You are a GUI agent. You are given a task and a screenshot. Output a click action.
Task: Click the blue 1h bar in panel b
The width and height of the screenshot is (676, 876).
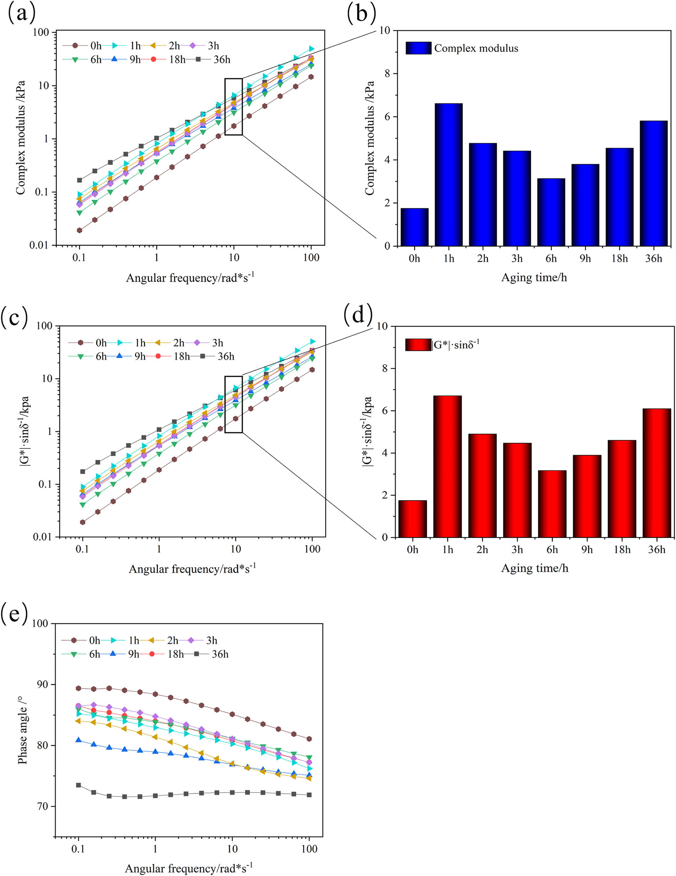(x=448, y=174)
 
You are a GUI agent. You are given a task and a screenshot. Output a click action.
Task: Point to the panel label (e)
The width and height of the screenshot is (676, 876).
(x=14, y=612)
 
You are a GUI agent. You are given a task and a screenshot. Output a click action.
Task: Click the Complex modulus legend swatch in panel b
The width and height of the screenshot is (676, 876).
(x=418, y=48)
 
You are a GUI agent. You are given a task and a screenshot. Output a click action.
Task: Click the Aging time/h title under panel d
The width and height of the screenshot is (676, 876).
(x=534, y=568)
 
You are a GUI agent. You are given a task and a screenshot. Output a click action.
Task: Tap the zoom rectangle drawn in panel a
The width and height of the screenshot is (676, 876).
(x=233, y=106)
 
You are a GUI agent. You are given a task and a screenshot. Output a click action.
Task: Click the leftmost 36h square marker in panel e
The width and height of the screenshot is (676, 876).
(x=79, y=785)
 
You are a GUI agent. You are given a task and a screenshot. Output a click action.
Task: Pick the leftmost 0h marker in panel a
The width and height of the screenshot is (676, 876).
(x=80, y=230)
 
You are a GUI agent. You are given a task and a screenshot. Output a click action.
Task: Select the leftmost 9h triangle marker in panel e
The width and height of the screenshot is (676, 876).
(x=79, y=740)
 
